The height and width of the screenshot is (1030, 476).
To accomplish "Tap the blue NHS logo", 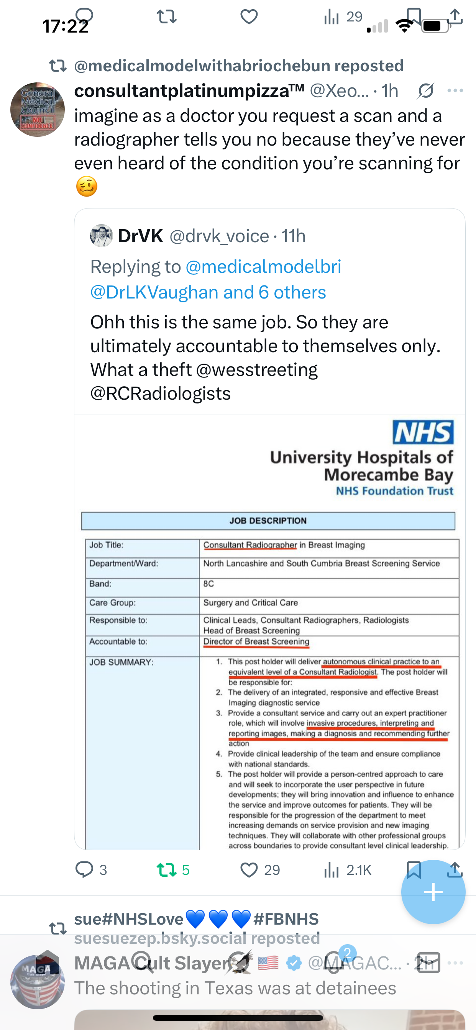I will [x=423, y=432].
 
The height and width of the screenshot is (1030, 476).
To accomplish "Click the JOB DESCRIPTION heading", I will [x=268, y=521].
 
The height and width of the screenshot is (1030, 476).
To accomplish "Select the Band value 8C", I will [x=208, y=583].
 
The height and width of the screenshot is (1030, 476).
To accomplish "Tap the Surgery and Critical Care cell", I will [x=250, y=603].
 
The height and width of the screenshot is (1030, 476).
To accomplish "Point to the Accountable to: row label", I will [x=118, y=641].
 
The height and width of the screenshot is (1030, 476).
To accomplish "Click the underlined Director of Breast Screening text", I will [x=256, y=641].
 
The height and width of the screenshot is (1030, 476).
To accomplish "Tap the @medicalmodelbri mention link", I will [x=263, y=267].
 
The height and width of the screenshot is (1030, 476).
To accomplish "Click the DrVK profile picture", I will [x=101, y=236].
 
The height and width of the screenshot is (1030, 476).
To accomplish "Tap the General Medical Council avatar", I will [x=37, y=110].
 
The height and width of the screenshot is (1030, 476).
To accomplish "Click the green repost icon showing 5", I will [x=166, y=870].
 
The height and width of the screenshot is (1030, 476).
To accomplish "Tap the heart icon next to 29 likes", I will [x=249, y=870].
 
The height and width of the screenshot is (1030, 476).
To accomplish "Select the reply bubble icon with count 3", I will [x=84, y=870].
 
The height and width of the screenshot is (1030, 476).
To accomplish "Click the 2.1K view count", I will [x=358, y=870].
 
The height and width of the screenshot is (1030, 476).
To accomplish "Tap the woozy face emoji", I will [x=86, y=186].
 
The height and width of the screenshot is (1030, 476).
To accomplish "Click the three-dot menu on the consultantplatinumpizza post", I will [x=455, y=91].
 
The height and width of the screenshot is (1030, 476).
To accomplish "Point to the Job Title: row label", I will [x=107, y=545].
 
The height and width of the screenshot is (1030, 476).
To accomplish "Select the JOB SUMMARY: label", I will [x=121, y=662].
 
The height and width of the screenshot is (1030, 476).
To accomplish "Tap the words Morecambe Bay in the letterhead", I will [x=388, y=475].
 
